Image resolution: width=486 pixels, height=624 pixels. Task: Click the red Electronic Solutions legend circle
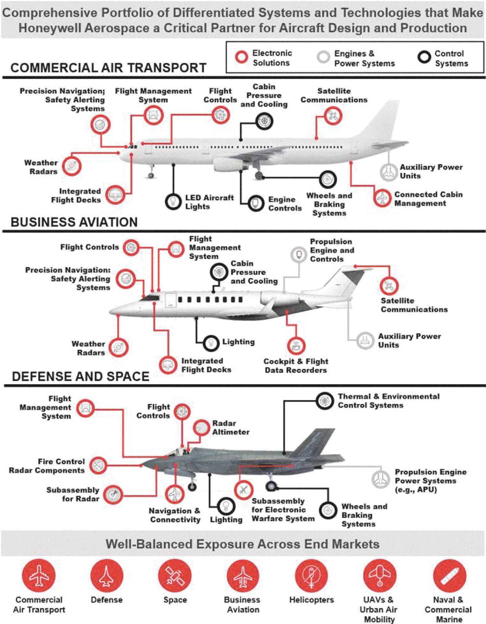tap(241, 57)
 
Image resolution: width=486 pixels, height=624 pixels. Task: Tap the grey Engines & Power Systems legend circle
tap(323, 57)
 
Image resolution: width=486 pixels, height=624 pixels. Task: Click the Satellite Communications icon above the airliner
tap(333, 116)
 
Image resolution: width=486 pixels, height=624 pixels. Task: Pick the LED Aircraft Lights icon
tap(173, 201)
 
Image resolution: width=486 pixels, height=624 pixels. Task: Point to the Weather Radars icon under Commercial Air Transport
tap(71, 166)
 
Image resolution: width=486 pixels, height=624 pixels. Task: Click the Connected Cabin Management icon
tap(382, 198)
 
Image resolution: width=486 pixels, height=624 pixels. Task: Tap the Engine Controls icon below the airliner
tap(256, 203)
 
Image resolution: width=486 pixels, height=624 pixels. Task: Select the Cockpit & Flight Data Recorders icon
tap(296, 346)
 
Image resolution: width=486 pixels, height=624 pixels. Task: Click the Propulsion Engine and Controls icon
tap(299, 255)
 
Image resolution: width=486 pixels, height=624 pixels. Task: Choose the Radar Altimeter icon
tap(202, 428)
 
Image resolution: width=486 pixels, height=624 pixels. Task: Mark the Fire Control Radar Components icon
tap(98, 465)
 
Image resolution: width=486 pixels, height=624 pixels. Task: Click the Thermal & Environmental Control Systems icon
tap(325, 401)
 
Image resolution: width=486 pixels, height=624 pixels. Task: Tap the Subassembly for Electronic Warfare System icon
tap(244, 490)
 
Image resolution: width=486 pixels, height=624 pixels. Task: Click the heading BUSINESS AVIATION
tap(74, 222)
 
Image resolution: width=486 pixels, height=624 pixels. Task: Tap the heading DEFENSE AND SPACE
tap(80, 376)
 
